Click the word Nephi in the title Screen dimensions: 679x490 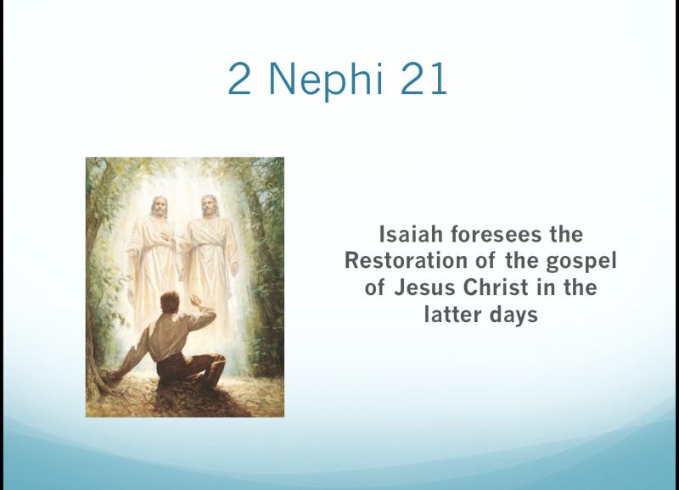327,80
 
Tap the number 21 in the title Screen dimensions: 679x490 424,78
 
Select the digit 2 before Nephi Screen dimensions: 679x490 239,78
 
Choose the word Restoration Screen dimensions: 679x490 407,261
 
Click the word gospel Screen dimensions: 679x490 581,262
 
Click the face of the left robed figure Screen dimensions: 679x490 160,208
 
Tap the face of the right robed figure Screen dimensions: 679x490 210,207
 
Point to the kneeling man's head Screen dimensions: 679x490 170,303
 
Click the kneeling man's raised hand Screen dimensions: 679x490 196,300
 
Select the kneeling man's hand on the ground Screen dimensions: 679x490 113,376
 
